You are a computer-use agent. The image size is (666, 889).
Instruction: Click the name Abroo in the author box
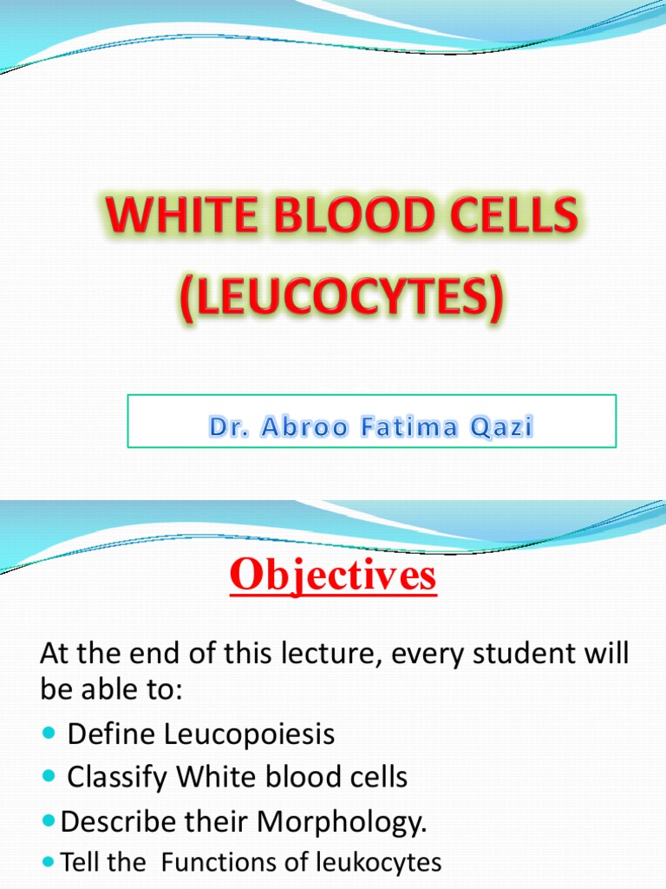pos(301,426)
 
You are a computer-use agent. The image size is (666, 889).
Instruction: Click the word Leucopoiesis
pos(247,734)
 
